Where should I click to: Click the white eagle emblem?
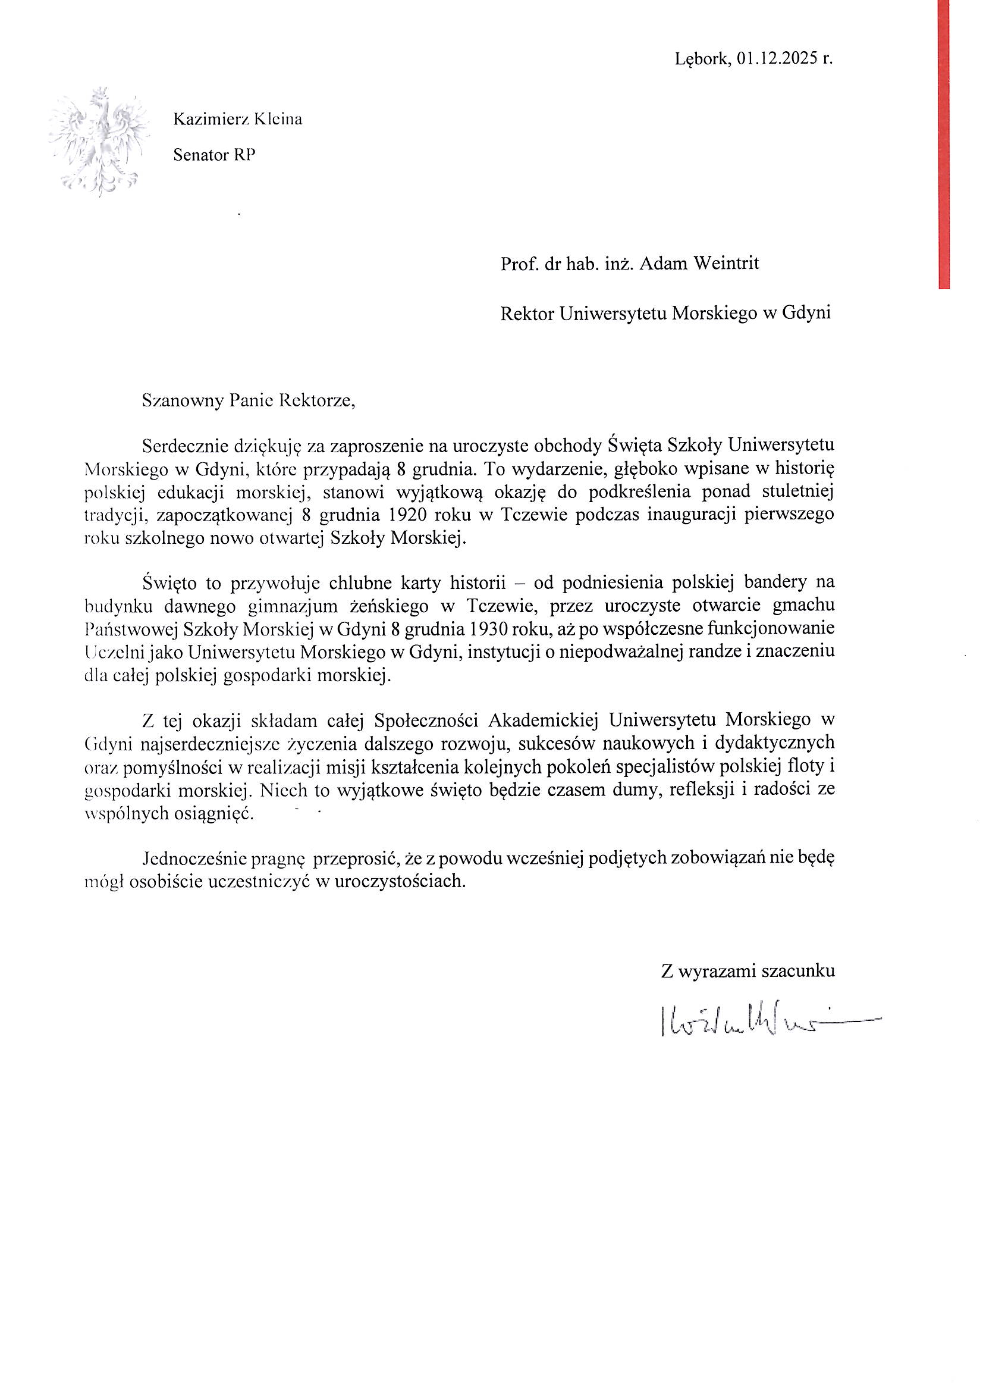coord(99,142)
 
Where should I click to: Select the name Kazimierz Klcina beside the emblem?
coord(237,120)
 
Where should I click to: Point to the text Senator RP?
coord(215,155)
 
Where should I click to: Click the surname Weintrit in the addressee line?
coord(725,264)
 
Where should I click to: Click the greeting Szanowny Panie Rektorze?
coord(248,400)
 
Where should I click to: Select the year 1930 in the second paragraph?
coord(488,628)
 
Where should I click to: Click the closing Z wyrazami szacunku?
coord(748,971)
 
